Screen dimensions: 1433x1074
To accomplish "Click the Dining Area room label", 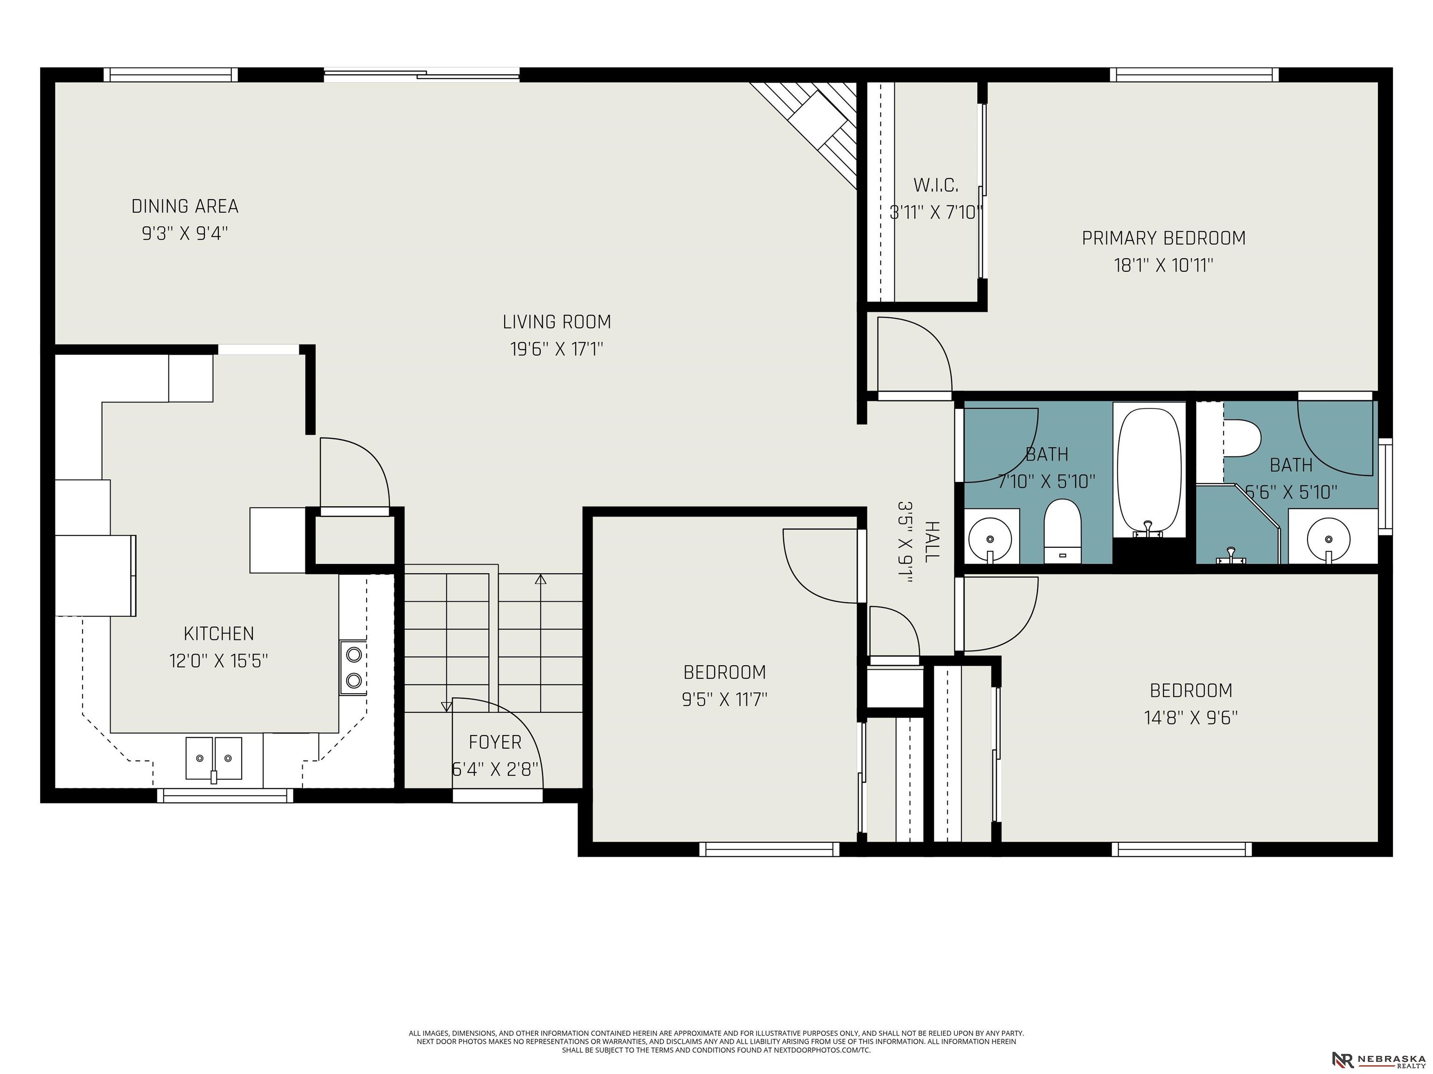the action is click(185, 207).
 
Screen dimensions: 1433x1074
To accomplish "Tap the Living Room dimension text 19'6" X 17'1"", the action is click(557, 350).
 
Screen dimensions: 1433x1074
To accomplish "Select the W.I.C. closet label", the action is click(935, 186).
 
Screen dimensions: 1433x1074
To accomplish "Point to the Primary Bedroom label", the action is click(1163, 238).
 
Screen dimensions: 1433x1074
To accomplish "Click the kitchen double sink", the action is click(214, 758).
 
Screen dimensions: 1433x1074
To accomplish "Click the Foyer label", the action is click(495, 743).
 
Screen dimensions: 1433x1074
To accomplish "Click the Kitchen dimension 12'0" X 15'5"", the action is click(218, 661).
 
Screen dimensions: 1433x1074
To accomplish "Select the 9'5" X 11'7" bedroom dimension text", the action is click(724, 700).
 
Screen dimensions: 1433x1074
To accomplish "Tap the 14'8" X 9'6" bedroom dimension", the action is click(1191, 718).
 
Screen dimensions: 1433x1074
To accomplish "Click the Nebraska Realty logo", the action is click(1378, 1059).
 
